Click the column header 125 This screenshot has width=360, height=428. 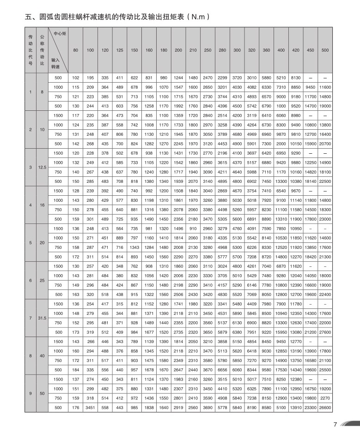coord(120,49)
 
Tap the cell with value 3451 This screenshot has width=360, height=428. coord(91,407)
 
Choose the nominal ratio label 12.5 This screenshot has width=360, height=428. coord(42,167)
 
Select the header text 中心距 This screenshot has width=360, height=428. coord(60,34)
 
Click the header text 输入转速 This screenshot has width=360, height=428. coord(56,64)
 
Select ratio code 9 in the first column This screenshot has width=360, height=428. coord(31,393)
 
